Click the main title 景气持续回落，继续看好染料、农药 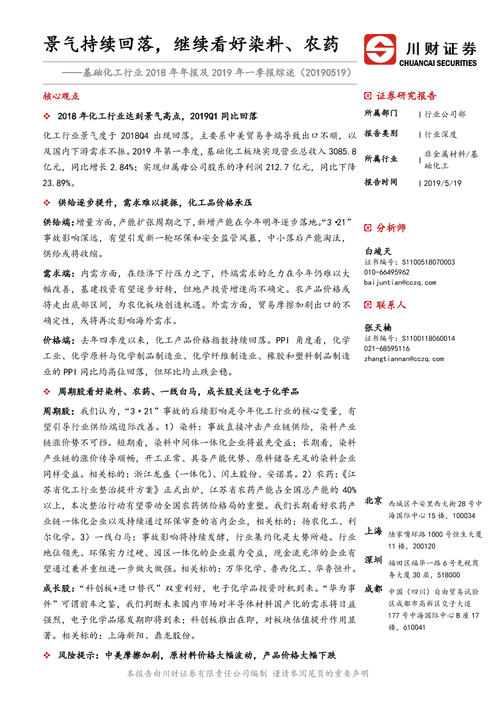(191, 44)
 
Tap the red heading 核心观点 (61, 96)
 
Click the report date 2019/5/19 (442, 182)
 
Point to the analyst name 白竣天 (379, 250)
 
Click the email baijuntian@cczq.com (400, 282)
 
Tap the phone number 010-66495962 (387, 272)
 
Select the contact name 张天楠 (379, 327)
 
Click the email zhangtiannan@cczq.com (404, 359)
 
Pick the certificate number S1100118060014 (428, 338)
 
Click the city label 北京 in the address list (373, 501)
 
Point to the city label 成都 (373, 588)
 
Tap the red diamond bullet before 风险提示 (48, 655)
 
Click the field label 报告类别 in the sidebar (381, 134)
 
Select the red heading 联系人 (391, 305)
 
